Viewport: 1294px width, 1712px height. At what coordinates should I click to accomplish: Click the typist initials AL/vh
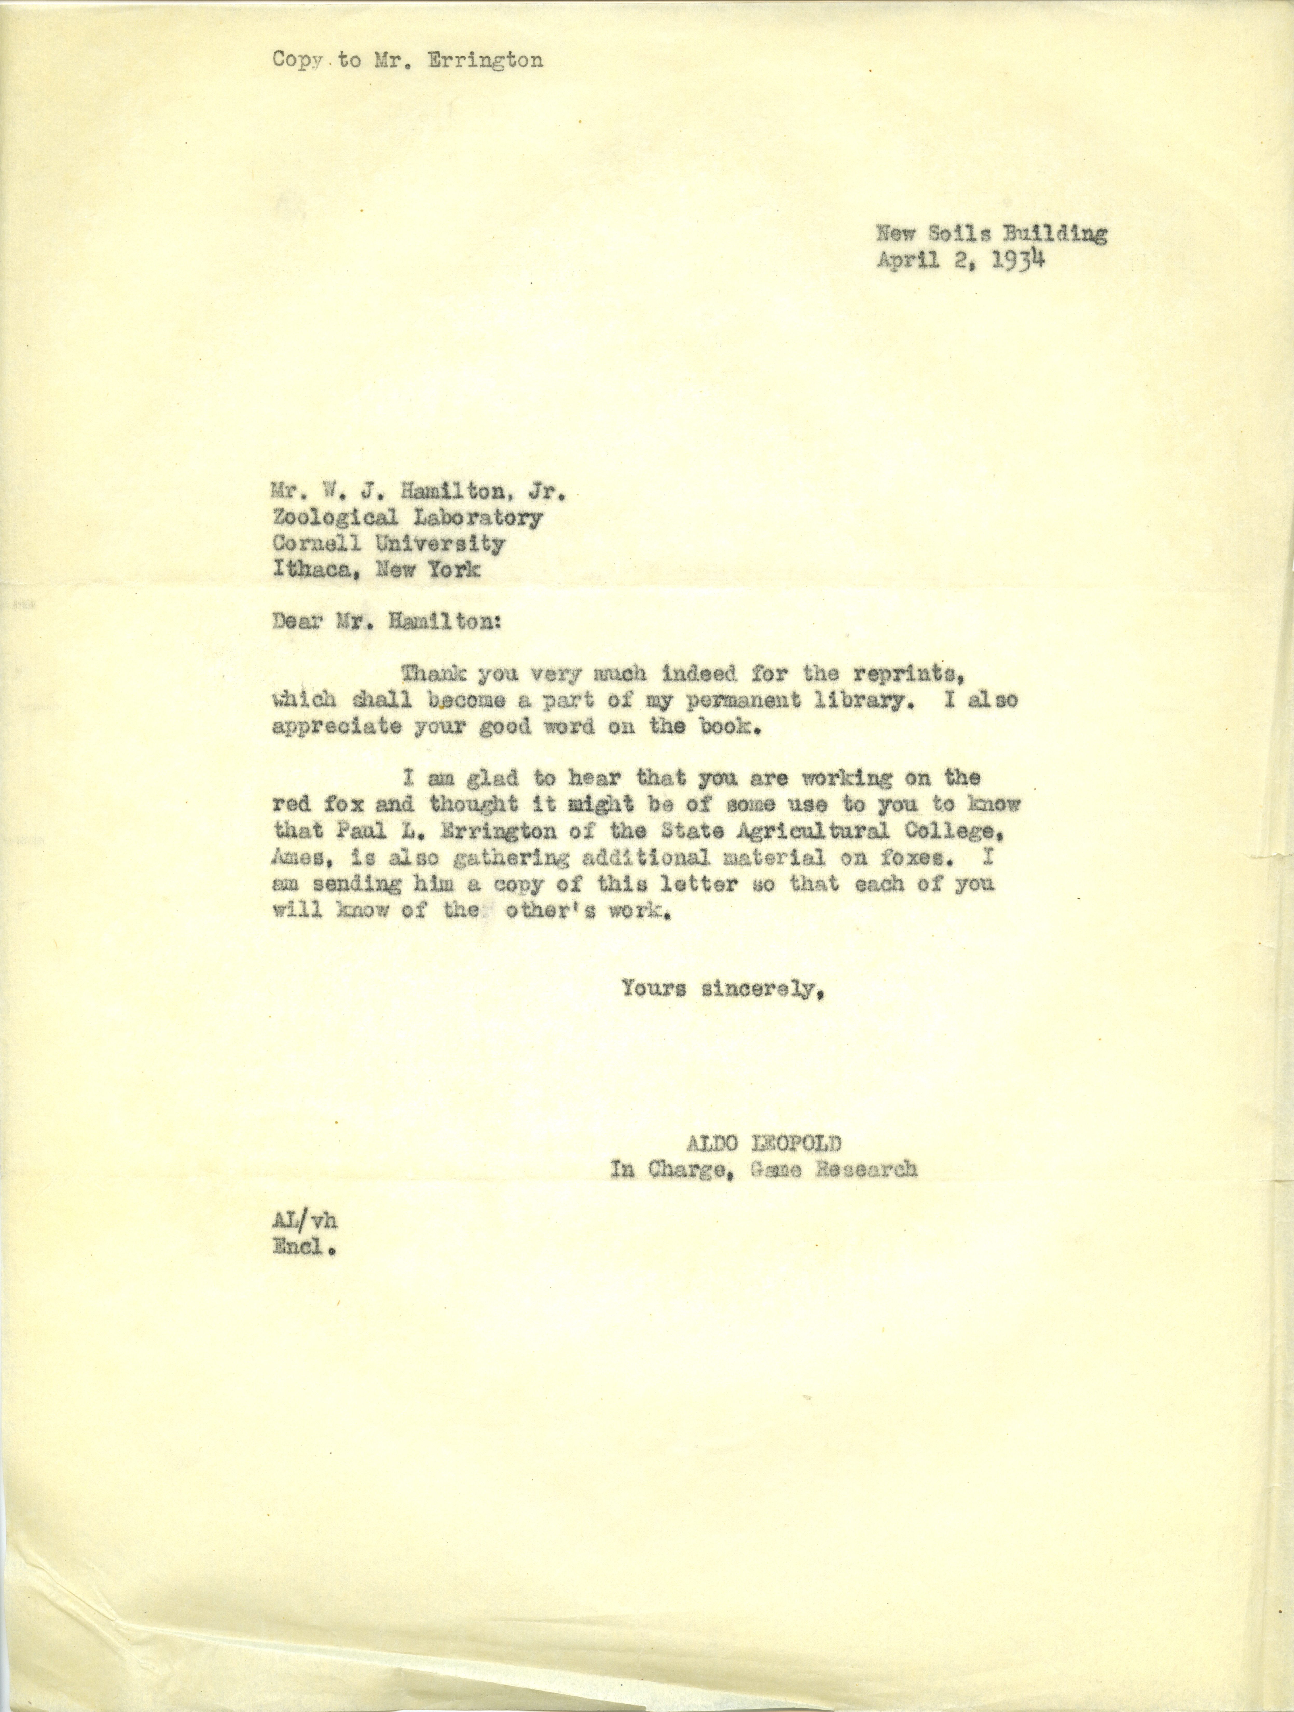point(304,1220)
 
